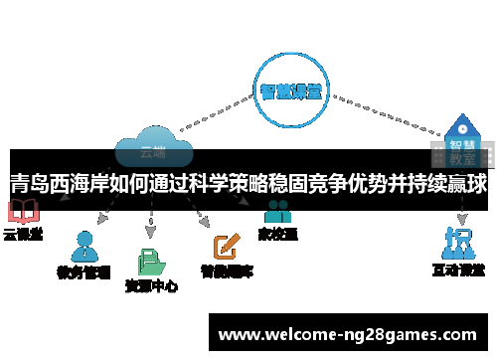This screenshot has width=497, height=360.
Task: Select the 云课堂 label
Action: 22,235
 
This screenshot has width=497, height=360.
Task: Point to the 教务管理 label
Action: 83,270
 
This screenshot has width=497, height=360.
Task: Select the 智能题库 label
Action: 227,270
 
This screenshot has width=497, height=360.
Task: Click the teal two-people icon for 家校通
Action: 277,213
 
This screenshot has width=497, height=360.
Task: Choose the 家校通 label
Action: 277,235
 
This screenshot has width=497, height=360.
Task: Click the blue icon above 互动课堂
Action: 457,242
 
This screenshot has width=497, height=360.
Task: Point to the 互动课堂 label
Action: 458,270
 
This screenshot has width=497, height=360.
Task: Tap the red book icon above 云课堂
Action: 22,212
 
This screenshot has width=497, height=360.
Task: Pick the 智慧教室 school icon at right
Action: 459,139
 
